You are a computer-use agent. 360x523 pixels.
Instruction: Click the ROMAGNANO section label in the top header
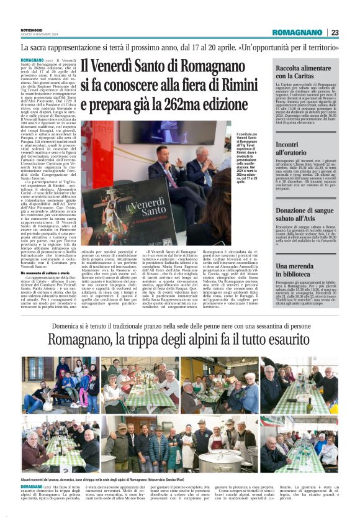pos(297,32)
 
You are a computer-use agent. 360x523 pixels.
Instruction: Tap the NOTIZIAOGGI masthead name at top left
pos(32,30)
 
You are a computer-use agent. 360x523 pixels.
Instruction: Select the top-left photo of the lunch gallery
pos(60,384)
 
